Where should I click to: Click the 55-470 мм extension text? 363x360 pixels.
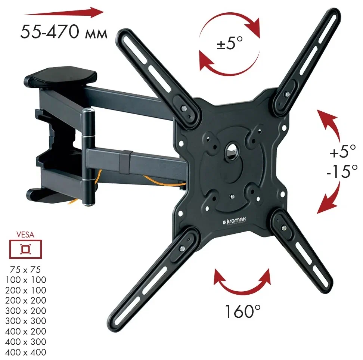click(63, 32)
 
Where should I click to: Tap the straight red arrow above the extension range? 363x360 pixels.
click(63, 12)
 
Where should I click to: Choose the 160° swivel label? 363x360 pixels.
click(243, 311)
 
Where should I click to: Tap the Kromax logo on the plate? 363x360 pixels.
click(234, 221)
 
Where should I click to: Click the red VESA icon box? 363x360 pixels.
click(25, 249)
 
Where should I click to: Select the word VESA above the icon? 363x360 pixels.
click(25, 235)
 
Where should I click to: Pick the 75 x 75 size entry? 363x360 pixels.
click(25, 270)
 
